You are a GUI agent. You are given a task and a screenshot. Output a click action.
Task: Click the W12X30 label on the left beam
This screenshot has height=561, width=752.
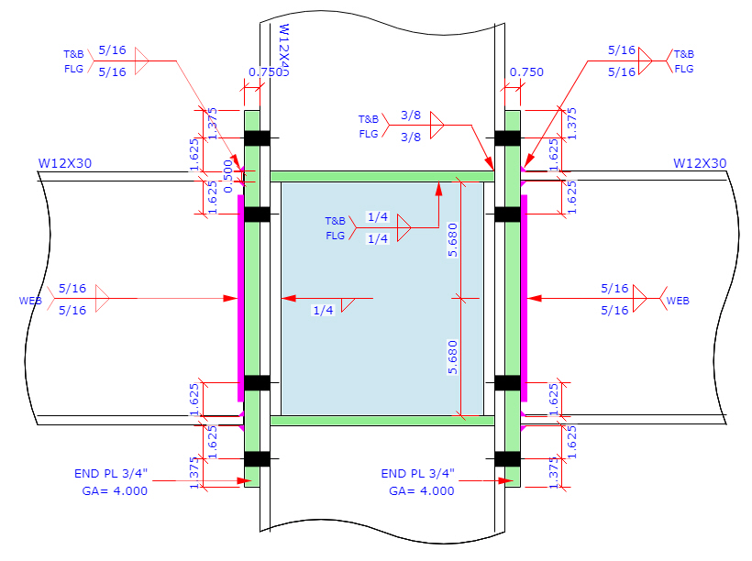tap(64, 164)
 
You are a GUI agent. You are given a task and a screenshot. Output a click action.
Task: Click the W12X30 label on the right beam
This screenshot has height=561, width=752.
tap(699, 164)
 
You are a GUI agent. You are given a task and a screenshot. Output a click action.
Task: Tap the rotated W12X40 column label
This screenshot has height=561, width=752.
tap(283, 51)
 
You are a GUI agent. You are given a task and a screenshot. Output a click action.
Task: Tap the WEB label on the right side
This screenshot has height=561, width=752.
tap(678, 301)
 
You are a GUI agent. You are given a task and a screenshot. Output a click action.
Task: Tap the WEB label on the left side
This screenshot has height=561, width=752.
tap(30, 301)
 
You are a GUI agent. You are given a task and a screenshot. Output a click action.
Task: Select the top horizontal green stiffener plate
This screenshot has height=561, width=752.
tap(382, 176)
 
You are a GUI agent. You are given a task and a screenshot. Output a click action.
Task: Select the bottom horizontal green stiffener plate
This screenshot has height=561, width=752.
tap(382, 421)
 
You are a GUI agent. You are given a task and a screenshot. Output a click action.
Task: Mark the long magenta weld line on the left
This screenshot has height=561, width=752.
tap(240, 298)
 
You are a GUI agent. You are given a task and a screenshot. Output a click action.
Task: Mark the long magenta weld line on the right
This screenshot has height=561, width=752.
tap(524, 298)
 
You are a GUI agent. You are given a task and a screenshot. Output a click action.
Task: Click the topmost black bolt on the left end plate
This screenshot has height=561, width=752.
tap(256, 138)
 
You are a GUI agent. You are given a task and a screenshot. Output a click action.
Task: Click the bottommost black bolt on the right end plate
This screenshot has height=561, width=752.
tap(507, 458)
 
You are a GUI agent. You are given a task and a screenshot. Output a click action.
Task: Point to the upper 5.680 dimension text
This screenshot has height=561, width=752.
tap(452, 239)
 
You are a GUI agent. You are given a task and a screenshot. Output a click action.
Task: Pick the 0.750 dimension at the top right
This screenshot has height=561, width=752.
tap(525, 72)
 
